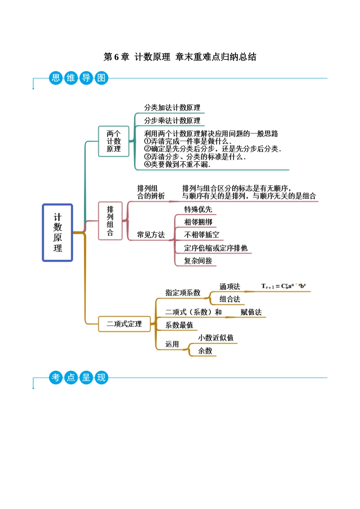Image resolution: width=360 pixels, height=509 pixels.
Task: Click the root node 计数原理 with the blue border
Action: (x=57, y=233)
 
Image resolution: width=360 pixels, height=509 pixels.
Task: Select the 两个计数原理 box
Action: (x=114, y=141)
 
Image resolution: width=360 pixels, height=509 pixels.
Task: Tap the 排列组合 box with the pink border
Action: (x=110, y=221)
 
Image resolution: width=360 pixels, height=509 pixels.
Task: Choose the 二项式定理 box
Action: (x=124, y=324)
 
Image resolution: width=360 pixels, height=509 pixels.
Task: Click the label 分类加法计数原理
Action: (x=172, y=108)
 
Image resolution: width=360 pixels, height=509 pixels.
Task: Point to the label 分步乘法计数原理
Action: (x=172, y=120)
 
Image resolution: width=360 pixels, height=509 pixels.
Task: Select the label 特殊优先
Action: (x=198, y=209)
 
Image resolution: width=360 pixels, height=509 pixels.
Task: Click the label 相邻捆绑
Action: (x=198, y=222)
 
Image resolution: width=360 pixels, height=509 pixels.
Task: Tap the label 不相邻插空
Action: (x=202, y=235)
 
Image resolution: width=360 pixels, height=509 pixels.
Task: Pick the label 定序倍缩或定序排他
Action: (x=216, y=248)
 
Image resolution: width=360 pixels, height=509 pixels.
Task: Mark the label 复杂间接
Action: (x=198, y=261)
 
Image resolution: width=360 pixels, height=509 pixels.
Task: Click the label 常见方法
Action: (x=151, y=235)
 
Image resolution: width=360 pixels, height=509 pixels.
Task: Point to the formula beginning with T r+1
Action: (x=283, y=286)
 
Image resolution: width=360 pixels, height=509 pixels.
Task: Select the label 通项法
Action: (x=230, y=287)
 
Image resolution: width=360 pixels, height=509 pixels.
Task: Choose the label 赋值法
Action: (x=251, y=312)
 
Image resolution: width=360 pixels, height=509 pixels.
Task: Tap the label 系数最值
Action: (x=179, y=325)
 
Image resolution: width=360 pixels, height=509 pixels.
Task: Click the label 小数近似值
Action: (x=216, y=338)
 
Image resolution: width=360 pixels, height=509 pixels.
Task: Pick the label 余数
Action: (x=205, y=351)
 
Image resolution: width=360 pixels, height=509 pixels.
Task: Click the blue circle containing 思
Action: (x=56, y=78)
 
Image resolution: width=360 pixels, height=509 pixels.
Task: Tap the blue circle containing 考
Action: (x=56, y=378)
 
